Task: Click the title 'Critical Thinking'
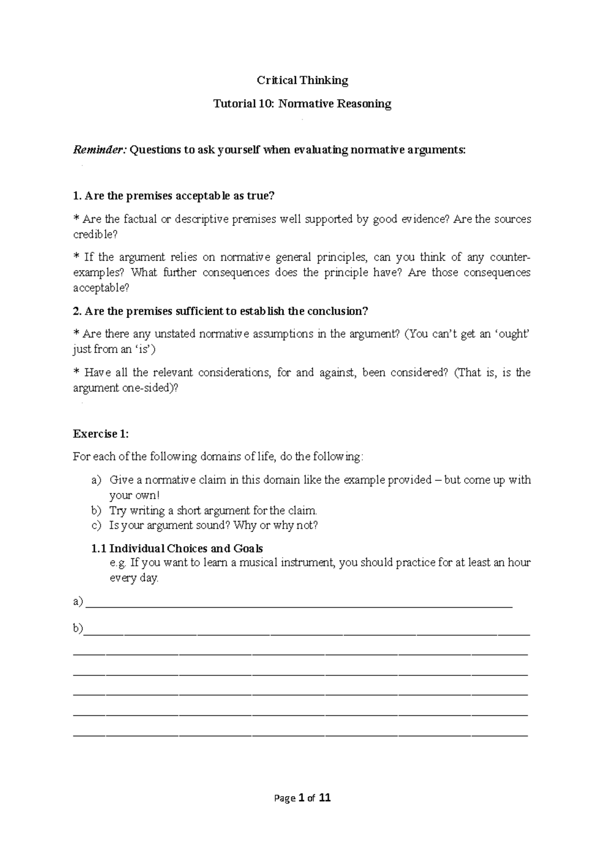click(302, 80)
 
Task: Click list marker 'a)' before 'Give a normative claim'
click(96, 480)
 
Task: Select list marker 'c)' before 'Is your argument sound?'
click(96, 526)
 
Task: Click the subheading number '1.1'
click(99, 548)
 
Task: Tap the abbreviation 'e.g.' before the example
click(118, 563)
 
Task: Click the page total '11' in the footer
click(325, 798)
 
